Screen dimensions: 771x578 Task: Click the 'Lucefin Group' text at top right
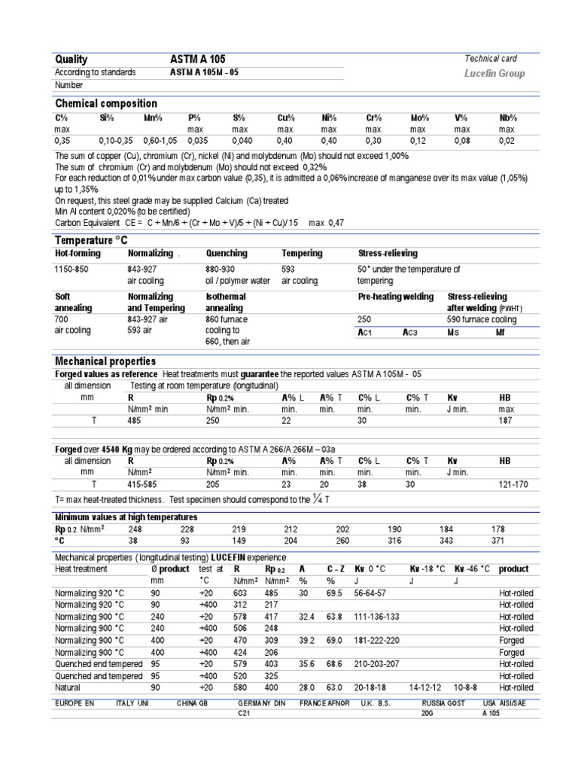click(495, 74)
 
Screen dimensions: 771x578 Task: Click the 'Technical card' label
click(491, 59)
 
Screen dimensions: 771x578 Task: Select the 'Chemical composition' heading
click(106, 103)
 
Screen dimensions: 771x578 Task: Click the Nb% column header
click(509, 118)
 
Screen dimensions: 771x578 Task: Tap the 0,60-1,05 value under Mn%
click(160, 140)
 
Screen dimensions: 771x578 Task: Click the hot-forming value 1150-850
click(74, 269)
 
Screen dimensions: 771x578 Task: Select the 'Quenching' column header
click(226, 254)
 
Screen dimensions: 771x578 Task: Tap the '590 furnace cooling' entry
click(482, 319)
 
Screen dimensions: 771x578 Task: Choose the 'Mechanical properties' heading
click(105, 361)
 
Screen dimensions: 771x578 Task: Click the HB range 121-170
click(513, 483)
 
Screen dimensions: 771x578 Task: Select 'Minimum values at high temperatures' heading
click(126, 517)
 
